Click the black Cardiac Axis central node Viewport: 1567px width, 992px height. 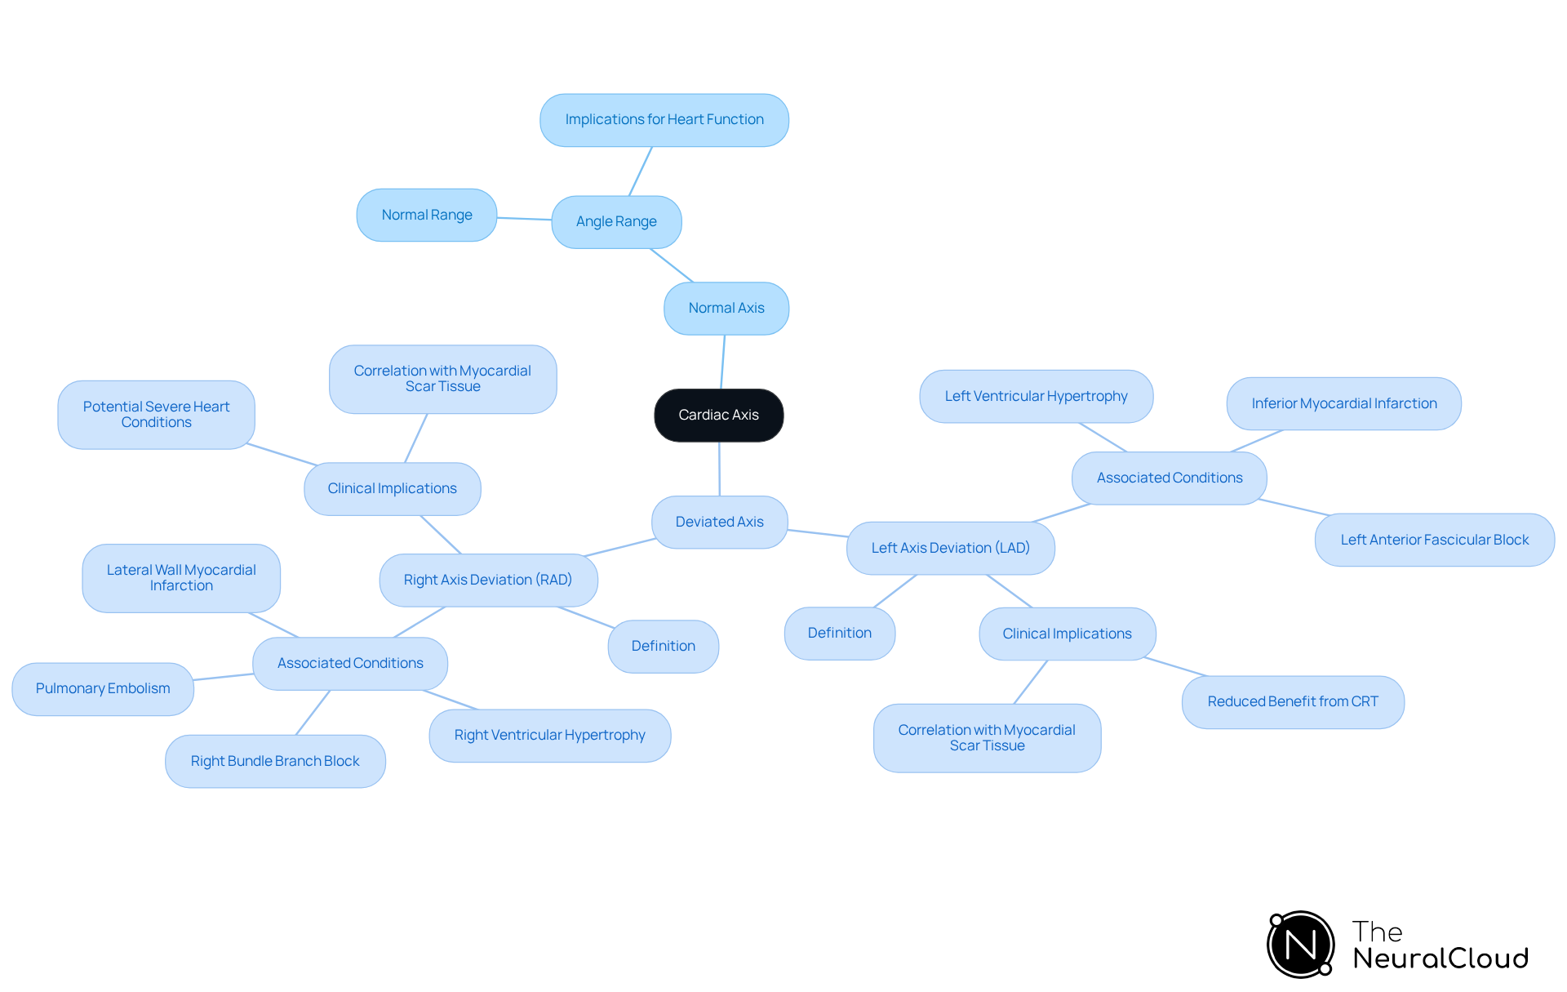pos(718,415)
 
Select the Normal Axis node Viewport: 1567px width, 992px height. pos(726,308)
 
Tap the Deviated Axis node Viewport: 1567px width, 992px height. pos(719,522)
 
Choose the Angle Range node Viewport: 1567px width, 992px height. pos(616,221)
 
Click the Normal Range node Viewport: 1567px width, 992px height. pos(427,215)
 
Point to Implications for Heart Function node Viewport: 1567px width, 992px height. pos(664,120)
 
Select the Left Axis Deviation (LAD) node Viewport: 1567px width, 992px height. pos(950,548)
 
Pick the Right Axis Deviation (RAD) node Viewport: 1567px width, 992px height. pos(488,580)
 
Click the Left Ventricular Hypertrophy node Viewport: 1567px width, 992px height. pos(1036,396)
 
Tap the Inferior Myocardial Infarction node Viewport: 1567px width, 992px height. pos(1343,403)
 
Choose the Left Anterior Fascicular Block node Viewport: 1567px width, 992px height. pos(1434,540)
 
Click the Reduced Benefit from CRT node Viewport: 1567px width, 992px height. pos(1293,701)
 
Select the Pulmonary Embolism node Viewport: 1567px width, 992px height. pos(103,688)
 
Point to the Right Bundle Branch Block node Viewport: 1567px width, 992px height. pos(275,761)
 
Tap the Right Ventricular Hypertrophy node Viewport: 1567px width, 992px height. pos(549,735)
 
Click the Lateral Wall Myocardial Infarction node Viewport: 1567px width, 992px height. pos(181,578)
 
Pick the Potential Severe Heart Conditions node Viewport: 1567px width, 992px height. pos(156,415)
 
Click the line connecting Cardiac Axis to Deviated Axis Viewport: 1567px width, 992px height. pos(719,469)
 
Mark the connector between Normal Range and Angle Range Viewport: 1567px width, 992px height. pos(524,218)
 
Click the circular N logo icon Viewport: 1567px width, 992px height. pos(1300,945)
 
